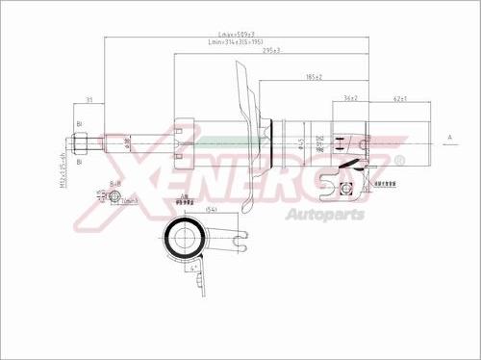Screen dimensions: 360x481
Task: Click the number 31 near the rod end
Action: click(x=89, y=100)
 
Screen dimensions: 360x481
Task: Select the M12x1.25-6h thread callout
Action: click(x=61, y=172)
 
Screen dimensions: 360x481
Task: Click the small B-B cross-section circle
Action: click(x=114, y=197)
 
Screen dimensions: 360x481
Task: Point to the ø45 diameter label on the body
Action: click(x=300, y=145)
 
